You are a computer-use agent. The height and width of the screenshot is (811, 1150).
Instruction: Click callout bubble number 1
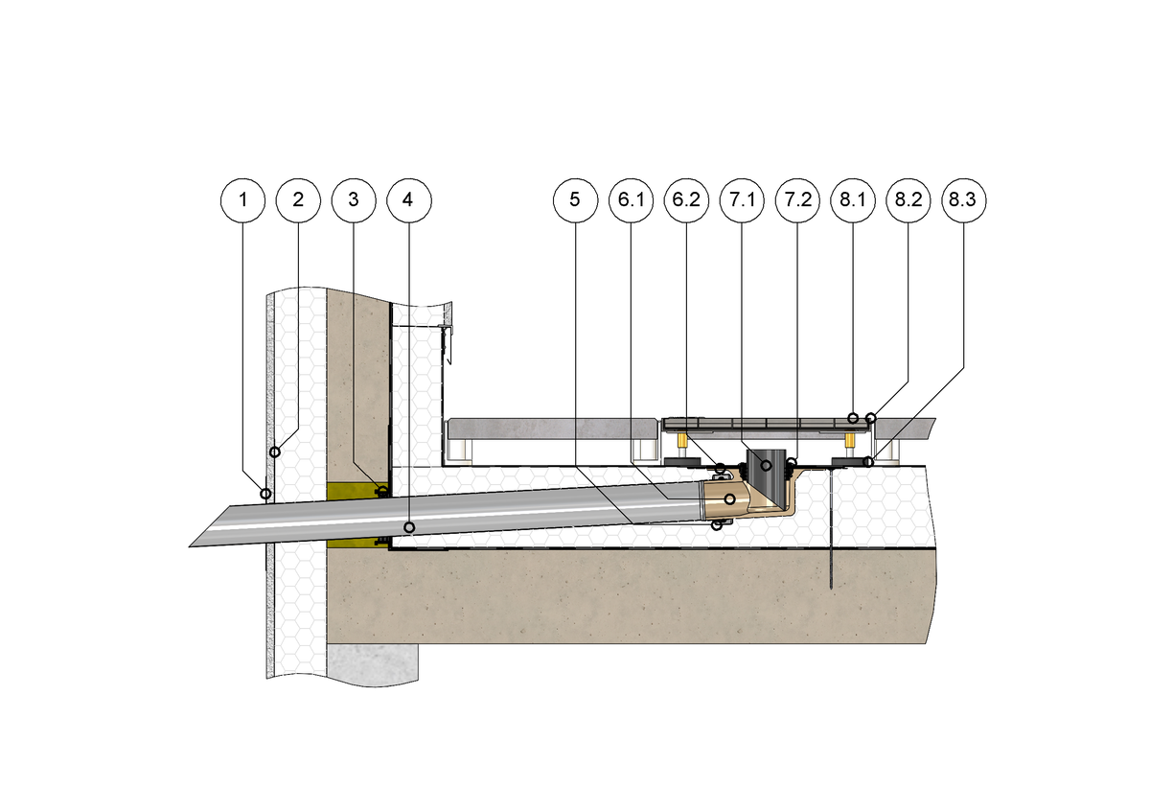coord(243,200)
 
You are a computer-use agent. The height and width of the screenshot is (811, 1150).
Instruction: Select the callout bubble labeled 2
coord(298,200)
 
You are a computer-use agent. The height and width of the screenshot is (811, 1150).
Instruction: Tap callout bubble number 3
coord(354,200)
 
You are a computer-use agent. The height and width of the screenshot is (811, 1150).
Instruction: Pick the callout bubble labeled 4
coord(409,200)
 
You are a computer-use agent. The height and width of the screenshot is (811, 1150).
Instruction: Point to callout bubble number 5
coord(575,200)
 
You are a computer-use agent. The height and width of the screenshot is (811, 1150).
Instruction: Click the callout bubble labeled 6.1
coord(631,200)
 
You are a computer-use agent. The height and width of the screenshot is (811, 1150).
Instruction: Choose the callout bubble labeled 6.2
coord(686,200)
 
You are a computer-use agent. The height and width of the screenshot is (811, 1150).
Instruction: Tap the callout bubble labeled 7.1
coord(742,200)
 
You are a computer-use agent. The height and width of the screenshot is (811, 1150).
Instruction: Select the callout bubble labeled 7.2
coord(797,200)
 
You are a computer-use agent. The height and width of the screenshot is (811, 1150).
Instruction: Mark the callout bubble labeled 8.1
coord(853,200)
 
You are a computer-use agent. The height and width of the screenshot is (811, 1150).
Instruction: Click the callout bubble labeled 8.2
coord(908,200)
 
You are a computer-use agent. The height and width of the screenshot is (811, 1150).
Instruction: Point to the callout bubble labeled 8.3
coord(964,200)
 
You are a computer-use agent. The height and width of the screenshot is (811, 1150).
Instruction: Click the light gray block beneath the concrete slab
coord(375,660)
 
